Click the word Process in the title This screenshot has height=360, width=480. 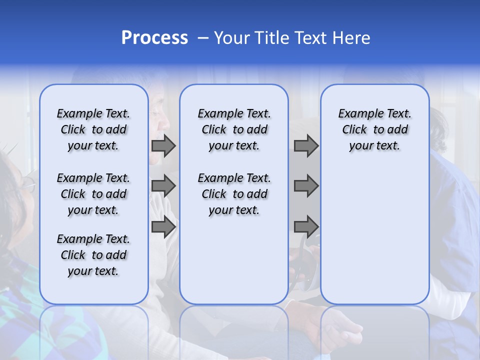[x=154, y=38]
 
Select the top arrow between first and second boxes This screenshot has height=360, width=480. [x=163, y=145]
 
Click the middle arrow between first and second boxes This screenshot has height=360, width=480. [x=163, y=186]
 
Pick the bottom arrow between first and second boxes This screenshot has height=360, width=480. [x=163, y=226]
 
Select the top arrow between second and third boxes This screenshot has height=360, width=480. [x=306, y=145]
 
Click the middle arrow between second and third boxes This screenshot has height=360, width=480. [x=306, y=186]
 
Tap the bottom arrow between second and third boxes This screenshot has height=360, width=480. [x=306, y=226]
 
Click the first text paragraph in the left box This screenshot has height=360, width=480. [x=93, y=129]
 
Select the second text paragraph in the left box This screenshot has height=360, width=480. [x=93, y=194]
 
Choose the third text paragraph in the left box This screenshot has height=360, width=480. [x=93, y=255]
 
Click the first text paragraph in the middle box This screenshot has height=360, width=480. [x=234, y=129]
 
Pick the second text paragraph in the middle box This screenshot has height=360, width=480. [x=234, y=194]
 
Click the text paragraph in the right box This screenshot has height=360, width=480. [x=374, y=129]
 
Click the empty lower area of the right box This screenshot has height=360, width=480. [x=374, y=235]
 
